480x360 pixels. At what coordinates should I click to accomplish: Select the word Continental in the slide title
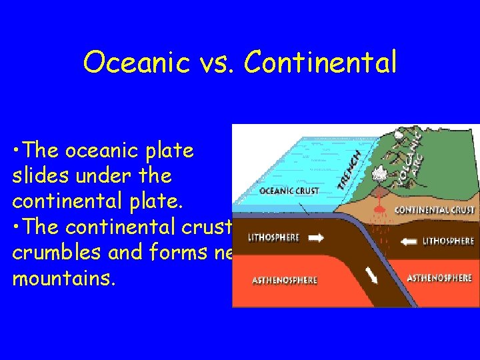[321, 63]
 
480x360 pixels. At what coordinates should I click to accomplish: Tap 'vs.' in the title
[219, 63]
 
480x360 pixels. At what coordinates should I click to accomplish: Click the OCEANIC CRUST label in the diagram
[289, 191]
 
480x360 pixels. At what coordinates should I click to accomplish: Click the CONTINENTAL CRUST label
[434, 210]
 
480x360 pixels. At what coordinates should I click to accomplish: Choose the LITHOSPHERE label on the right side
[449, 241]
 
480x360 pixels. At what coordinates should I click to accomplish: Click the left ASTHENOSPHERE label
[285, 281]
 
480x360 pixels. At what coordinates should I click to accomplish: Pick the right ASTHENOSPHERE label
[440, 278]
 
